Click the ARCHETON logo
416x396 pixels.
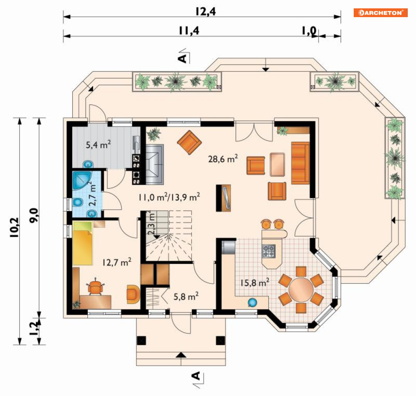[x=380, y=13]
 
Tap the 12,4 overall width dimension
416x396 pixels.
[x=206, y=12]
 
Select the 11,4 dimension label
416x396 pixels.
[x=189, y=31]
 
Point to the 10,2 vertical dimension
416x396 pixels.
[x=14, y=227]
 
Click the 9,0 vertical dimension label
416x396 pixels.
[x=34, y=216]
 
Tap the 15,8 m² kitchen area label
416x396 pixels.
[x=255, y=282]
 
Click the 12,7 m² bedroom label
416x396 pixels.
[x=117, y=262]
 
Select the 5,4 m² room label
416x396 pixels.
[x=98, y=145]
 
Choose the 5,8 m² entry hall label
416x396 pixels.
[x=186, y=296]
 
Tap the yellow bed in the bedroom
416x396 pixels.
[x=82, y=244]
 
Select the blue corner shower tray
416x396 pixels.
[x=81, y=181]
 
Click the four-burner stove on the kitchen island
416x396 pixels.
[x=269, y=251]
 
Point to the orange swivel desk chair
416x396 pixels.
[x=95, y=287]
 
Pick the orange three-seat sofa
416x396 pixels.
[x=300, y=163]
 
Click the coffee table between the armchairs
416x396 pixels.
[x=278, y=165]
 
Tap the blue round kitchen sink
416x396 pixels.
[x=252, y=302]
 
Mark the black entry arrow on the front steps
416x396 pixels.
[x=181, y=355]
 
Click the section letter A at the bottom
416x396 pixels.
[x=196, y=376]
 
